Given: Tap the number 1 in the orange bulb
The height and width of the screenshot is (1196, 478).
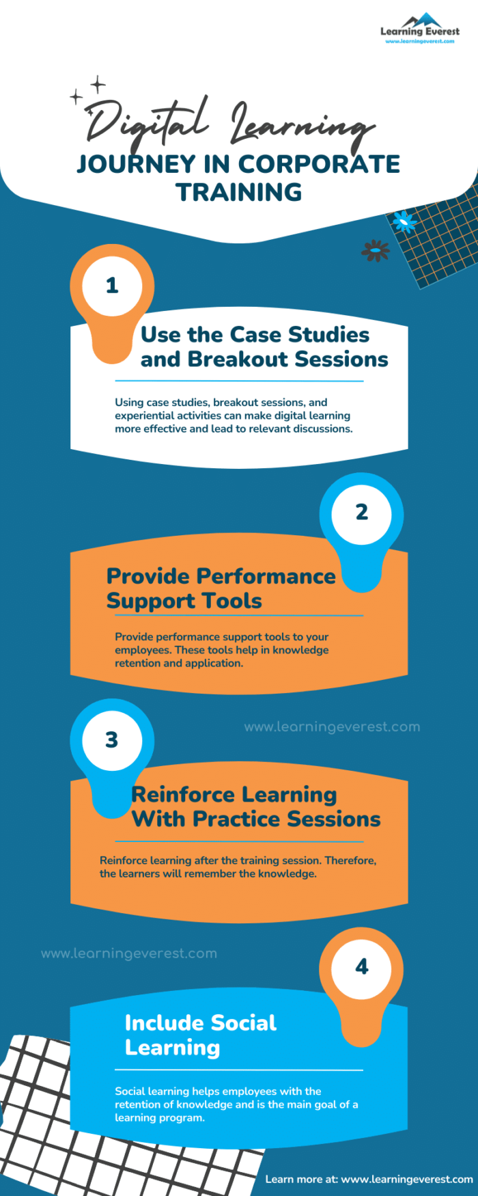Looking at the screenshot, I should click(x=112, y=286).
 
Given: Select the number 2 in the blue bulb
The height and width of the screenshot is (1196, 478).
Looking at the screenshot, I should click(x=361, y=513).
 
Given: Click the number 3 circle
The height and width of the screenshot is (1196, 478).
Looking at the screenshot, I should click(x=112, y=739).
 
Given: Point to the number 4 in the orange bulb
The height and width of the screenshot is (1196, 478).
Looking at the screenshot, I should click(x=361, y=966).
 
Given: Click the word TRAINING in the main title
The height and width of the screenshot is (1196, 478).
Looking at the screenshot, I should click(x=239, y=192).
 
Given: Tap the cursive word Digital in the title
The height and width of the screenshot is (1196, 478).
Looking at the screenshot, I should click(x=147, y=123).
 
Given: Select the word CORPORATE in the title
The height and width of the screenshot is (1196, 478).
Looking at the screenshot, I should click(x=319, y=164).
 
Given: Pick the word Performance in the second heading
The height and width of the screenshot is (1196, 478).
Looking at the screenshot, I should click(x=266, y=576).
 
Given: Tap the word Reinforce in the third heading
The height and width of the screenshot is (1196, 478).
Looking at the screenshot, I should click(x=174, y=794).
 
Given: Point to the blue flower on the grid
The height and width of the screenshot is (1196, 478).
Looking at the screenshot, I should click(x=404, y=221).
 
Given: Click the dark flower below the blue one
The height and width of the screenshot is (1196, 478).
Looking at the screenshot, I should click(x=375, y=251).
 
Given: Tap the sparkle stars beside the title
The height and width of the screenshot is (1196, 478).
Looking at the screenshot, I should click(x=89, y=90).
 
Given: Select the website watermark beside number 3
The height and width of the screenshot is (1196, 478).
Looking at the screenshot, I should click(x=332, y=727).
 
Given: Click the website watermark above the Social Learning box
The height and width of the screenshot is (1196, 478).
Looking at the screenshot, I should click(x=129, y=953).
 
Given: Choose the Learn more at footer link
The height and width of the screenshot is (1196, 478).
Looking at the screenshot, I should click(x=369, y=1179).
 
